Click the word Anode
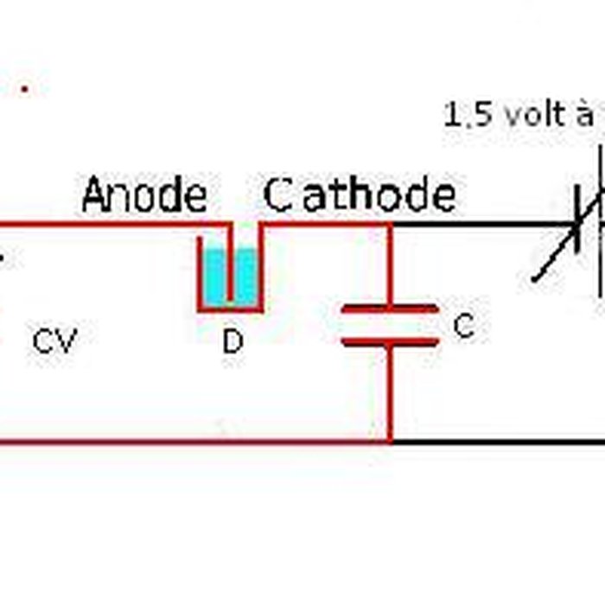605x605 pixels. [144, 196]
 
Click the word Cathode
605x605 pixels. [360, 196]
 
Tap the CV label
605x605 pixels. [54, 341]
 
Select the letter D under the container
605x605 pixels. [232, 342]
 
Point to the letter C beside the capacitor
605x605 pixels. [464, 326]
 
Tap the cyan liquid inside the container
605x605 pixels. [245, 275]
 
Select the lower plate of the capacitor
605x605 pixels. [390, 342]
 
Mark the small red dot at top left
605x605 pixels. [25, 88]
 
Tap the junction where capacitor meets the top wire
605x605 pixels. [390, 226]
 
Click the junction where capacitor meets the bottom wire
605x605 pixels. [390, 442]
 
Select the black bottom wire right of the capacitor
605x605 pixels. [501, 443]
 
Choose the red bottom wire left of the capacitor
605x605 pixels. [190, 443]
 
